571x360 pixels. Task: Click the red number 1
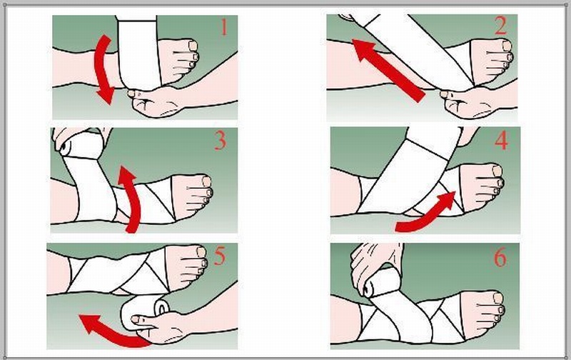pyautogui.click(x=223, y=29)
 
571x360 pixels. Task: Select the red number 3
pyautogui.click(x=220, y=141)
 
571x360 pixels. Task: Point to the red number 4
pyautogui.click(x=502, y=141)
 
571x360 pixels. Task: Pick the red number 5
pyautogui.click(x=220, y=256)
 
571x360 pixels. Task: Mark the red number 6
pyautogui.click(x=500, y=258)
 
